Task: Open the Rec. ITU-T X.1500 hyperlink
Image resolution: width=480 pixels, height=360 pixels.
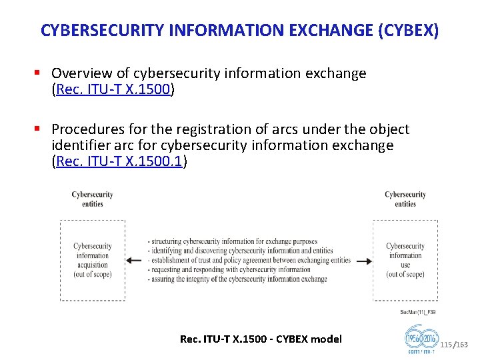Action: click(113, 89)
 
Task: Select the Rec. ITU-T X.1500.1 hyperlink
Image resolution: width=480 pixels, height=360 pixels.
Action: click(119, 161)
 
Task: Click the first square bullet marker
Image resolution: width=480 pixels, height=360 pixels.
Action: click(41, 73)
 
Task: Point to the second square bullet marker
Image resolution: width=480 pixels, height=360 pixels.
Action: click(41, 129)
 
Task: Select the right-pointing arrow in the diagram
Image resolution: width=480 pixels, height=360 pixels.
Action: click(363, 261)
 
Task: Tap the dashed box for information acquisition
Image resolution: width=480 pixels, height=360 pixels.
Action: click(92, 260)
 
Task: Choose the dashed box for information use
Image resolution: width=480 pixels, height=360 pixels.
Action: click(405, 260)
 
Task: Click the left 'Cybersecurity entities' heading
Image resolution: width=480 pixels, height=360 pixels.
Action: click(92, 199)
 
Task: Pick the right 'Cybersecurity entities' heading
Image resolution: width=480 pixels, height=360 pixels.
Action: click(405, 199)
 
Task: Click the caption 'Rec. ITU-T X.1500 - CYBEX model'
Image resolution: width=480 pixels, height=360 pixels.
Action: click(261, 339)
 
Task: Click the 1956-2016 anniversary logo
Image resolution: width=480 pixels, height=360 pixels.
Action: click(421, 339)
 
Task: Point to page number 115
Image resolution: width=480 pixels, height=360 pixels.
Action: click(446, 344)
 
